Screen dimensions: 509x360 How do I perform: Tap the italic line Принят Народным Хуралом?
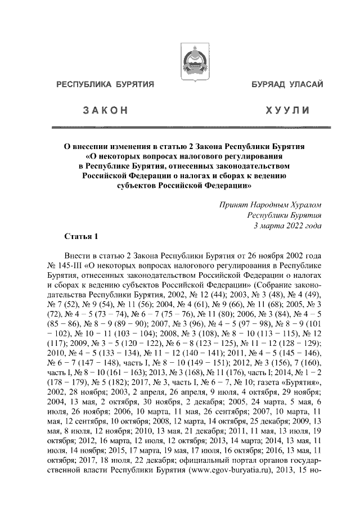[x=271, y=206]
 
